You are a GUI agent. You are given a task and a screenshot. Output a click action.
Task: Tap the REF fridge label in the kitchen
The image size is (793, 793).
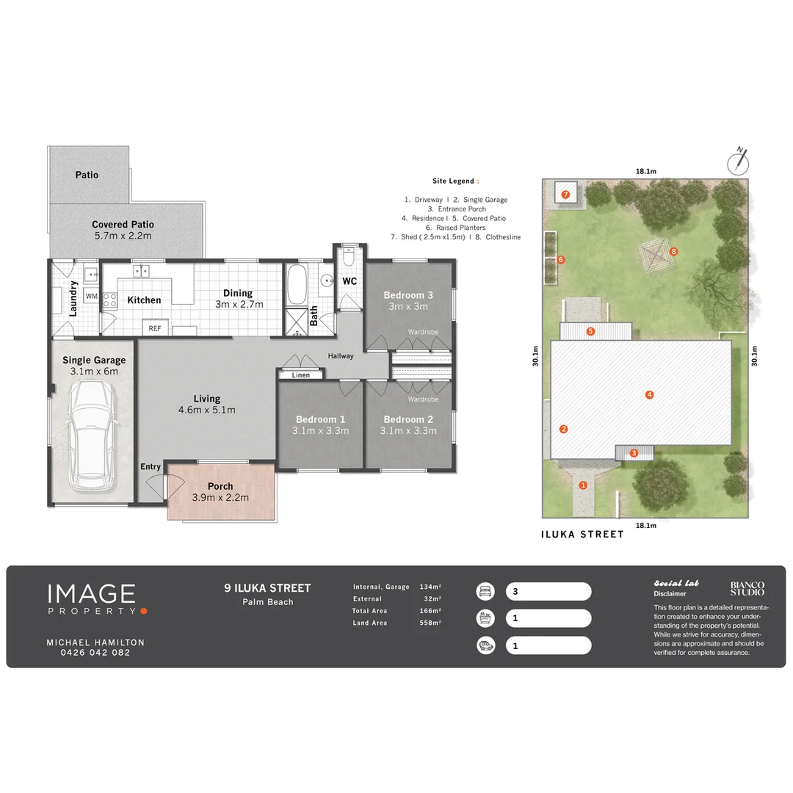[x=155, y=328]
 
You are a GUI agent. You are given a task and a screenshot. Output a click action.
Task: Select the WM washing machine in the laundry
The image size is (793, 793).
[x=92, y=296]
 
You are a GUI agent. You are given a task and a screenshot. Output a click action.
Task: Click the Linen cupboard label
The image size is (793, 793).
[x=301, y=375]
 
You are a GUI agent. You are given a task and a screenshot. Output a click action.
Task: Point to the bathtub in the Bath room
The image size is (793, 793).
[x=297, y=286]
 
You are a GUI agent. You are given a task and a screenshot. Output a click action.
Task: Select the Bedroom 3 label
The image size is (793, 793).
[x=408, y=295]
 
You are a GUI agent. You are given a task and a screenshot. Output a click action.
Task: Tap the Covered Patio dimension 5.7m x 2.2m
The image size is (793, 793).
[x=123, y=236]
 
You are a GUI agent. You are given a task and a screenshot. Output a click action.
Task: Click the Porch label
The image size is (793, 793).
[x=220, y=486]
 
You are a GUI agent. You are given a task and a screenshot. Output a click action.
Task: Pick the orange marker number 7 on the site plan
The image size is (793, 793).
[x=565, y=195]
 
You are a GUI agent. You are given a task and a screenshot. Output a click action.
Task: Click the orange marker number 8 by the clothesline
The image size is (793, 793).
[x=673, y=251]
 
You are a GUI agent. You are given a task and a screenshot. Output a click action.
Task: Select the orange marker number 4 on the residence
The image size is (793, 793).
[x=649, y=395]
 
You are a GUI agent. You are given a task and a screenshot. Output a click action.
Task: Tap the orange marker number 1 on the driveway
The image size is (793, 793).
[x=584, y=485]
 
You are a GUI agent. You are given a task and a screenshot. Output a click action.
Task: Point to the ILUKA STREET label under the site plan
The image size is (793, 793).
[x=583, y=535]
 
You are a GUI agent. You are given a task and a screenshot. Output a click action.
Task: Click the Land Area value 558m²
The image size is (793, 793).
[x=431, y=623]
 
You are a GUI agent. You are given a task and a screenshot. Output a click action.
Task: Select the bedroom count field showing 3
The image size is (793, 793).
[x=548, y=591]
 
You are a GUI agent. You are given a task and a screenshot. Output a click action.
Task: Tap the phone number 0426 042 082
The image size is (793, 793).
[x=95, y=652]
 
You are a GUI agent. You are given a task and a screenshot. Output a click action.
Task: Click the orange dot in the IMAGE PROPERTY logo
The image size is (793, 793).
[x=144, y=610]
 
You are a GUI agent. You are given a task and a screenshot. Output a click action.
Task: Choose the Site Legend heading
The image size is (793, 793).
[x=455, y=181]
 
